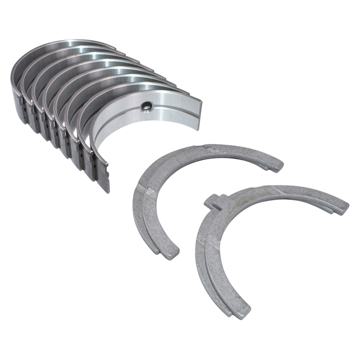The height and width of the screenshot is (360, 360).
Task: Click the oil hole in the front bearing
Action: click(x=146, y=107)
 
